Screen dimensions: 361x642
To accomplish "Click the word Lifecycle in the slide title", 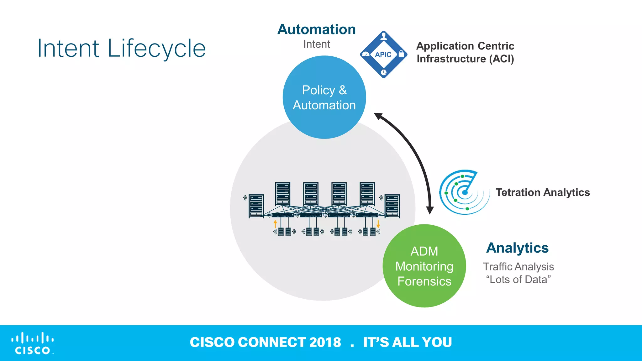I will [156, 49].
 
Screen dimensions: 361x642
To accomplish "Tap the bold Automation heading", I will [317, 29].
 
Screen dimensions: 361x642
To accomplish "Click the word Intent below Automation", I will [317, 44].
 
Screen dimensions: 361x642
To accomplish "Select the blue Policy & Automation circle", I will [324, 97].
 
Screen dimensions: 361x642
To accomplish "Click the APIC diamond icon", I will [383, 55].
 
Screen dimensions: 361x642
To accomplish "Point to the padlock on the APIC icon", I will [401, 54].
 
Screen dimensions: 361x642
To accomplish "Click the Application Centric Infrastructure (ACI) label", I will [465, 52].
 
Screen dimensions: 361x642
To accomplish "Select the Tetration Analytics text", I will [543, 192].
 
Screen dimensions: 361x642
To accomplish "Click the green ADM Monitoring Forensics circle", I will [424, 266].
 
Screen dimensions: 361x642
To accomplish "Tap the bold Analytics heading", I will [517, 248].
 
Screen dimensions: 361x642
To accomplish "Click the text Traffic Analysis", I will [518, 267].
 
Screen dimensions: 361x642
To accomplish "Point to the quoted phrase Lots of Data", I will [518, 280].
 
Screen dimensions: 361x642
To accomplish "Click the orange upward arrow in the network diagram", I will [275, 223].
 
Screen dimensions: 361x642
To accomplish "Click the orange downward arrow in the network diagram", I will [378, 224].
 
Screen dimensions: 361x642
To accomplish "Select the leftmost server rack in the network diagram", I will [256, 206].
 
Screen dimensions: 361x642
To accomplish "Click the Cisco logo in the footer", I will [32, 343].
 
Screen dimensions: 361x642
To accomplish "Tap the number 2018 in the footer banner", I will [325, 342].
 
